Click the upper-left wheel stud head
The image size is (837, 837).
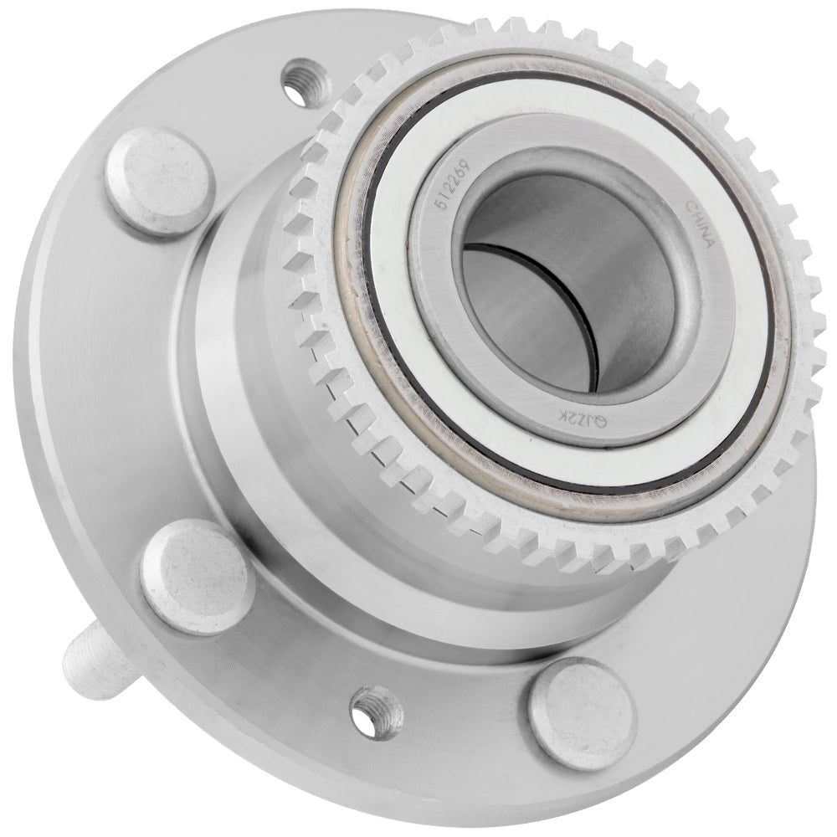tap(159, 180)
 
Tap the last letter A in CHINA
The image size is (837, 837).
tap(707, 244)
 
